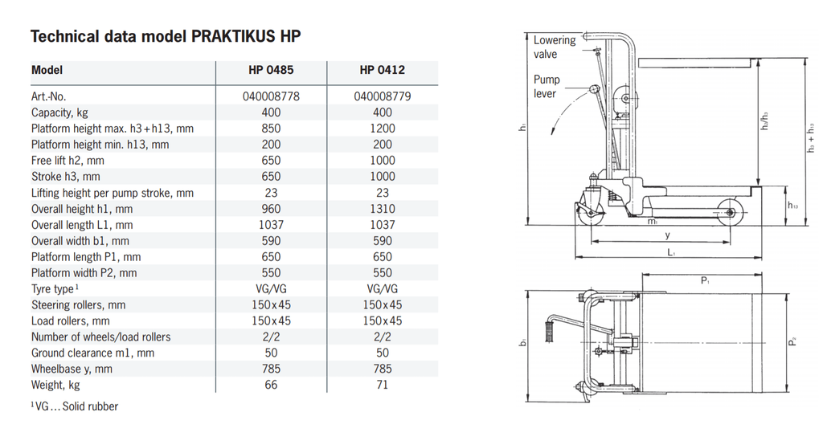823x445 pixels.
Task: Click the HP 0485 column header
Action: (x=271, y=71)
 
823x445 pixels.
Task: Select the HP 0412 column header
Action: (x=383, y=71)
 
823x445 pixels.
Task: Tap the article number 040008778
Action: (x=271, y=96)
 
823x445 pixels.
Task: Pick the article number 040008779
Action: (x=383, y=96)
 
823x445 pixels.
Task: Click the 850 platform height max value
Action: (x=271, y=129)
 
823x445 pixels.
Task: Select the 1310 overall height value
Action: (x=383, y=209)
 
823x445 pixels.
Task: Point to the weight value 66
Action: (x=271, y=386)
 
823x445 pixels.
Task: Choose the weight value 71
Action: (x=383, y=386)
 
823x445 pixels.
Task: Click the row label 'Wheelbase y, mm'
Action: (x=72, y=369)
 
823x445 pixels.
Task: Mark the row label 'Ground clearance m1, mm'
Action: (x=92, y=353)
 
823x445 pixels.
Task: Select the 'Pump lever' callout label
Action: (x=547, y=87)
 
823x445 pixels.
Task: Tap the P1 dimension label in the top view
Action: (x=704, y=280)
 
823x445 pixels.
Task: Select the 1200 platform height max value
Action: (x=383, y=129)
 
